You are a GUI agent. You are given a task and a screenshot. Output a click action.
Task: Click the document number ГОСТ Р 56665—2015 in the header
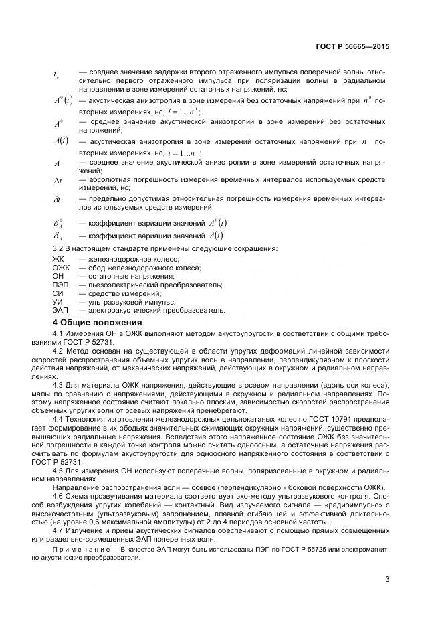coord(352,47)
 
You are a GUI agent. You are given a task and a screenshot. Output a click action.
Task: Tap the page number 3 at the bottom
coord(387,580)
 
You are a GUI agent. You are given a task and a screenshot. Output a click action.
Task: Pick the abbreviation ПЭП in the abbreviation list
coord(60,285)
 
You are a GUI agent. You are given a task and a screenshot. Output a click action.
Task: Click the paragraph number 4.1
coord(58,333)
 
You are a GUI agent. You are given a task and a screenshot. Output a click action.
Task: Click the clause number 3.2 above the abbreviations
coord(58,248)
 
